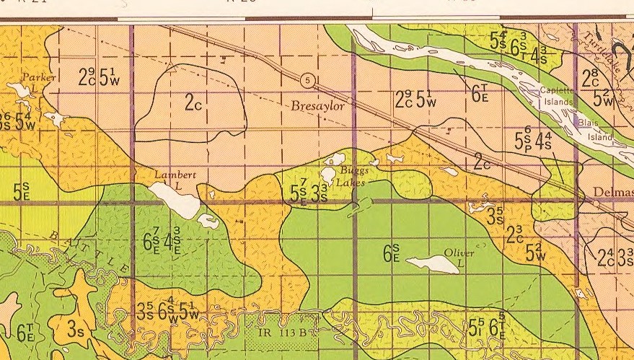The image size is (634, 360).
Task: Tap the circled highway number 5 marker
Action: (x=308, y=79)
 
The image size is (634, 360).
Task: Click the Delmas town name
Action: (x=613, y=193)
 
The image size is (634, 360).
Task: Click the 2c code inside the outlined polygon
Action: (x=193, y=103)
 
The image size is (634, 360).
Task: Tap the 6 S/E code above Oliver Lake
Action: (x=392, y=253)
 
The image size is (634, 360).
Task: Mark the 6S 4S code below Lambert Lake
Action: (x=162, y=239)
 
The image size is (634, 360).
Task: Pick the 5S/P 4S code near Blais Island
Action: (x=533, y=139)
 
